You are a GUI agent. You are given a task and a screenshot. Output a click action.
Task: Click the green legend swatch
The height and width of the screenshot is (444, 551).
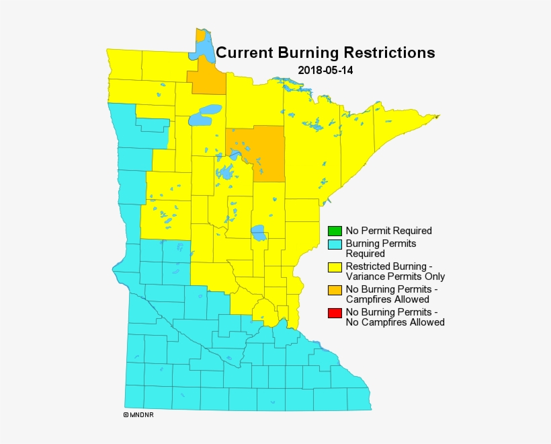(x=335, y=231)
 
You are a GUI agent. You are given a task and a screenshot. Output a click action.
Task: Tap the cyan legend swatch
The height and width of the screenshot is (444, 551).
(x=335, y=244)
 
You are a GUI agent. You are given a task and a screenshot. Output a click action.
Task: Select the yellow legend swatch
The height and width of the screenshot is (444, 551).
(x=335, y=267)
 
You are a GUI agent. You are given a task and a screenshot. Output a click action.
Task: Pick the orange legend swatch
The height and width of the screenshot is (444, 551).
(x=335, y=290)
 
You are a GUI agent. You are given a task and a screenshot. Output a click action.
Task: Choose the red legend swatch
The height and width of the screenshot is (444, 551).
(x=335, y=313)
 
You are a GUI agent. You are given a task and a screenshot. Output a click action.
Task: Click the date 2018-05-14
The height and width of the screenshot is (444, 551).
(x=325, y=70)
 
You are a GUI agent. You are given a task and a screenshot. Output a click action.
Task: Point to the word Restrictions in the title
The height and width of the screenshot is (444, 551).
(x=390, y=52)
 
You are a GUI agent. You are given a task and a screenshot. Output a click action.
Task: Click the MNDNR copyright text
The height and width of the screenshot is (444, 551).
(x=139, y=414)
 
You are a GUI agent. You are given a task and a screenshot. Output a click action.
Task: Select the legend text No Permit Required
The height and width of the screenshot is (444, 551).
(x=388, y=231)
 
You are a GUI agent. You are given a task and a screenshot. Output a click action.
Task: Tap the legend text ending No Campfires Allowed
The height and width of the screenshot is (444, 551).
(x=394, y=318)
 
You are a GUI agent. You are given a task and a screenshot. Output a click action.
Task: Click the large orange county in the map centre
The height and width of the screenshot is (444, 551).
(x=257, y=151)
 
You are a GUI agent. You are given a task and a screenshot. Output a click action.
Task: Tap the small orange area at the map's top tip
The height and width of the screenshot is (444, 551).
(x=200, y=36)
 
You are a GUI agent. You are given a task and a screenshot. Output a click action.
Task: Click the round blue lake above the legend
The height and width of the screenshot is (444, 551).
(x=258, y=233)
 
